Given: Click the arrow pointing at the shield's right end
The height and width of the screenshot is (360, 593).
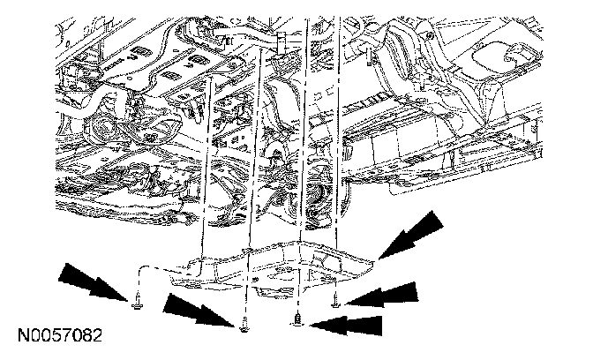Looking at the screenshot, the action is click(415, 235).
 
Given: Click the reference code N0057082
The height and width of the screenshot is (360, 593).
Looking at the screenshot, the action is click(58, 337).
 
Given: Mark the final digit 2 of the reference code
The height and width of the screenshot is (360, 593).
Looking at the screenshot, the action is click(97, 337).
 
